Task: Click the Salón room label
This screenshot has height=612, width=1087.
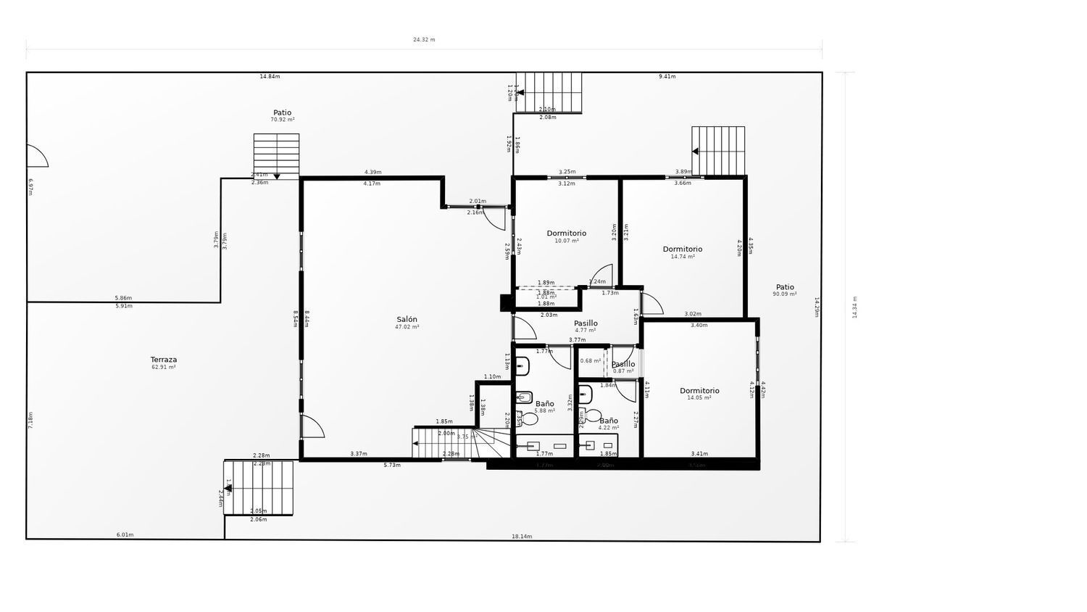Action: (407, 319)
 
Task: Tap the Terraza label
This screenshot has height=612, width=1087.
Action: (163, 360)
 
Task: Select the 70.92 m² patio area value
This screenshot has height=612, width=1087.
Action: (282, 120)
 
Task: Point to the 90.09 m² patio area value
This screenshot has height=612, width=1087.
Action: (784, 294)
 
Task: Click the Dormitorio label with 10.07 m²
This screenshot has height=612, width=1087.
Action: (566, 233)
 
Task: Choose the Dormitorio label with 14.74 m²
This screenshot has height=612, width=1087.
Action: (682, 249)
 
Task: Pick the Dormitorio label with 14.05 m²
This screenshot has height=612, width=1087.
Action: (699, 391)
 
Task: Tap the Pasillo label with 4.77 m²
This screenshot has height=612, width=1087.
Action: (586, 323)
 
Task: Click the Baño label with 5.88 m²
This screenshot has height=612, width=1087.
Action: (544, 404)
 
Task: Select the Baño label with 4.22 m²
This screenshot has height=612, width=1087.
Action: (609, 421)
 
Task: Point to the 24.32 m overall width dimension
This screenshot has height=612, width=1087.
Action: (424, 40)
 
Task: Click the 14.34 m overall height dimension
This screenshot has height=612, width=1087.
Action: (854, 307)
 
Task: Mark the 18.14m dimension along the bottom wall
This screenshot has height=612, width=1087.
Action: (522, 537)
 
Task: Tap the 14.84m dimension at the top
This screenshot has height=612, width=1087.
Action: (270, 76)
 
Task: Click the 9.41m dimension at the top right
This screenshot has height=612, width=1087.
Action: (667, 76)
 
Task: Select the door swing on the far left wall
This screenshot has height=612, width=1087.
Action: (36, 156)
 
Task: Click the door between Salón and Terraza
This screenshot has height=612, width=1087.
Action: (312, 426)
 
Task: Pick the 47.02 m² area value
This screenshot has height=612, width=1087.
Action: (407, 327)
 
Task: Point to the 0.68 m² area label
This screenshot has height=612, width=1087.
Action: (590, 360)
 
